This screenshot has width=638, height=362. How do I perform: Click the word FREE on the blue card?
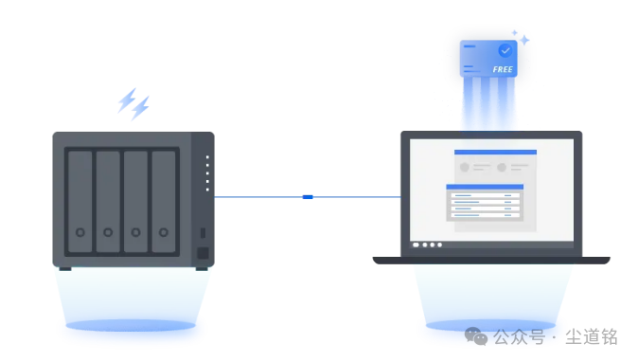[x=503, y=69]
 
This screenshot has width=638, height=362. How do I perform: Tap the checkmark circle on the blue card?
[x=505, y=50]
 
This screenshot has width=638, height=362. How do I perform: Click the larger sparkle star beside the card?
[x=525, y=40]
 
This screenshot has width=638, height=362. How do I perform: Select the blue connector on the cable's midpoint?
[x=308, y=197]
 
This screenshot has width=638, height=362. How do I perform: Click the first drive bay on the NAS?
[x=80, y=202]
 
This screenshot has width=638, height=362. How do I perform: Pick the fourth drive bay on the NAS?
[x=164, y=202]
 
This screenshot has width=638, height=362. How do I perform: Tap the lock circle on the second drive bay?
[x=108, y=232]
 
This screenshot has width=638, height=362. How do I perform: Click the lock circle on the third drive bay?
[x=135, y=232]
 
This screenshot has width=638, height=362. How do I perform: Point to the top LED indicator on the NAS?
[x=207, y=157]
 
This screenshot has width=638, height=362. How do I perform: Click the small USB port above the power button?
[x=203, y=233]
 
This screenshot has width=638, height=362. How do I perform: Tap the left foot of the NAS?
[x=65, y=269]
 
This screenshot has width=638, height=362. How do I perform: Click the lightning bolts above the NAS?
[x=133, y=104]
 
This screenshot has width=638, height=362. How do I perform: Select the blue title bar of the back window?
[x=495, y=153]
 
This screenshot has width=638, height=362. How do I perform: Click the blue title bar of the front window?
[x=485, y=187]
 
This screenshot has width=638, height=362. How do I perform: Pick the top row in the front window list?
[x=485, y=195]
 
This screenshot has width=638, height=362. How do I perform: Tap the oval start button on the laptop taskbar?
[x=416, y=244]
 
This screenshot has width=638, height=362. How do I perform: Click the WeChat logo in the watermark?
[x=476, y=336]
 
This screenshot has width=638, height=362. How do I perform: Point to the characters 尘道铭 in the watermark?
[x=592, y=336]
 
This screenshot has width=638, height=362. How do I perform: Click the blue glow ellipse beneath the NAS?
[x=131, y=325]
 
